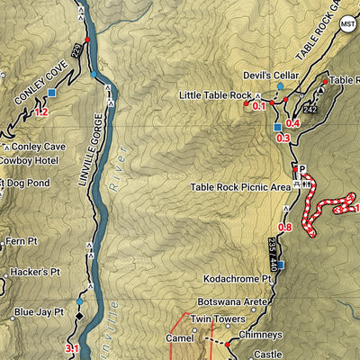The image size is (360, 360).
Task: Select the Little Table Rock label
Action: pyautogui.click(x=215, y=94)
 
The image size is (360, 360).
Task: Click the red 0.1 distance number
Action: pyautogui.click(x=260, y=106)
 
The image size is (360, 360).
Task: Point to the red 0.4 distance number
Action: pyautogui.click(x=292, y=123)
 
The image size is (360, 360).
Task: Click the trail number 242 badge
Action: pyautogui.click(x=311, y=109)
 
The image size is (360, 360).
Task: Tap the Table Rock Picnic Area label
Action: pyautogui.click(x=239, y=187)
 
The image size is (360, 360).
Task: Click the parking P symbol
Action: pyautogui.click(x=302, y=169)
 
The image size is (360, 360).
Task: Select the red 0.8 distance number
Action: pyautogui.click(x=285, y=228)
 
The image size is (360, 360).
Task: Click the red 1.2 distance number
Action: pyautogui.click(x=40, y=112)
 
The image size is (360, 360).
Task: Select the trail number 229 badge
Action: pyautogui.click(x=76, y=52)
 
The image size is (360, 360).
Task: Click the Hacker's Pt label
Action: pyautogui.click(x=34, y=272)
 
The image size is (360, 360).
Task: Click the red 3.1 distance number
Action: pyautogui.click(x=73, y=348)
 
